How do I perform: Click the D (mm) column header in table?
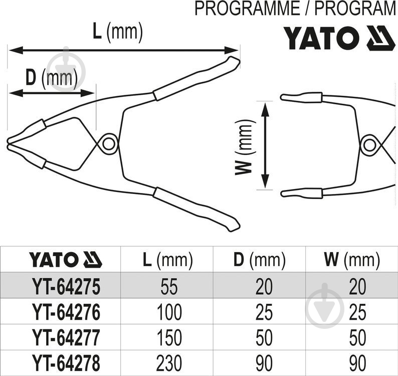click(259, 260)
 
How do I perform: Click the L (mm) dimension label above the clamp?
click(118, 33)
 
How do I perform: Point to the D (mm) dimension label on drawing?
click(51, 78)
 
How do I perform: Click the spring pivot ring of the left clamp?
click(107, 144)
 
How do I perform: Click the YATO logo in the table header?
click(65, 260)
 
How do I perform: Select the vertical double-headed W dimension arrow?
click(266, 145)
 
